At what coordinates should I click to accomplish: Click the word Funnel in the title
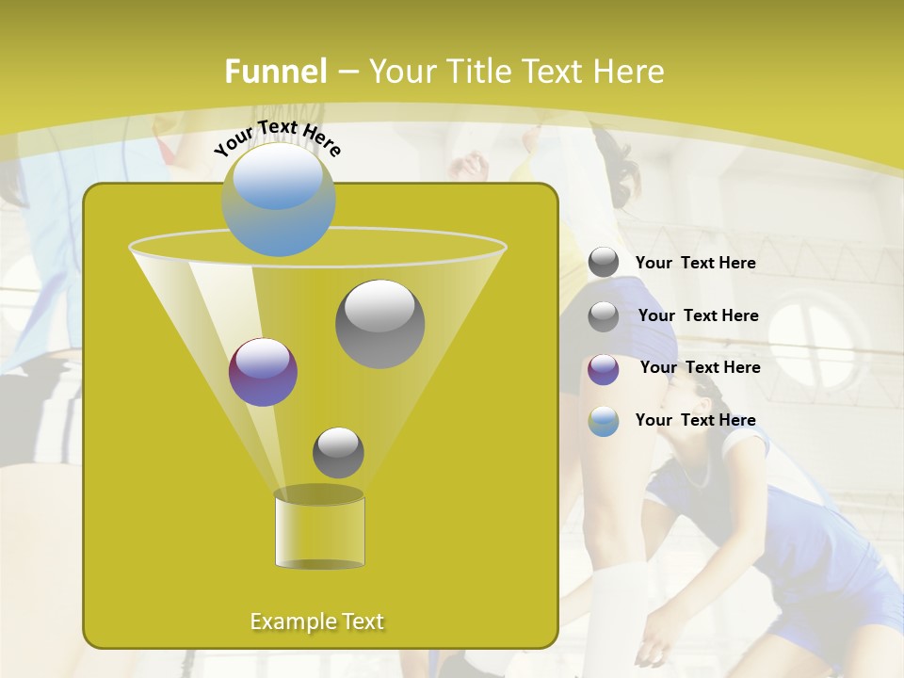coord(275,72)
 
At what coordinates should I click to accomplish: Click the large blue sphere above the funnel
coord(279,200)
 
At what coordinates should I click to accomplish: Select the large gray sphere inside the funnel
coord(379,323)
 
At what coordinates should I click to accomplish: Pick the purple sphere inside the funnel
coord(263,372)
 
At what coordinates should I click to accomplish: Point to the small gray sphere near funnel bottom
coord(338,452)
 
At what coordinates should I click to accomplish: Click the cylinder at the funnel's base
coord(319,530)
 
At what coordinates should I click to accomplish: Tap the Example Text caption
coord(316,621)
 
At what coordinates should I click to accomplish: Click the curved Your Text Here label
coord(277,137)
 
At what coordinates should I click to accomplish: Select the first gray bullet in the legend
coord(604,263)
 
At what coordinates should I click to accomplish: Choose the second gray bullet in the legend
coord(604,316)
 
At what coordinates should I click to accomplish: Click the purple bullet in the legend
coord(604,369)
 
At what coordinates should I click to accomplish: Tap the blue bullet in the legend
coord(604,421)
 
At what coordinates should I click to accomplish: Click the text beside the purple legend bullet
coord(700,367)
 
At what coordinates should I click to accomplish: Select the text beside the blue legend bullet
coord(695,420)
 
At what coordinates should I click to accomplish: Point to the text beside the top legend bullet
coord(695,263)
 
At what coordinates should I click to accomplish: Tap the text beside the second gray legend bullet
coord(698,315)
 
